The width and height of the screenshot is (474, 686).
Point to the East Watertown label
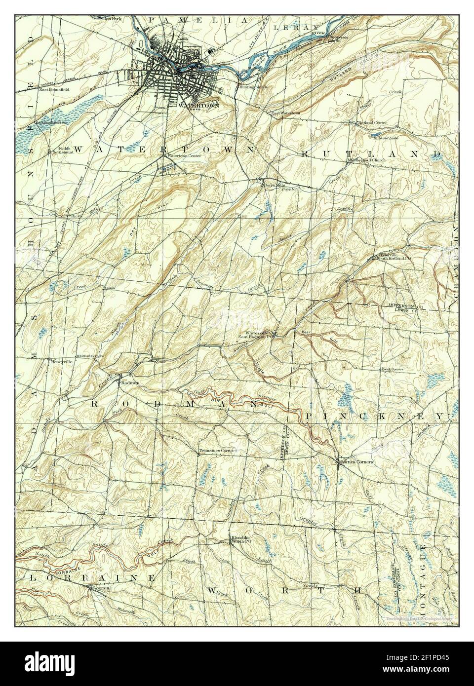tap(285, 113)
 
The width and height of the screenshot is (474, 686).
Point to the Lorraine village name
tap(102, 588)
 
